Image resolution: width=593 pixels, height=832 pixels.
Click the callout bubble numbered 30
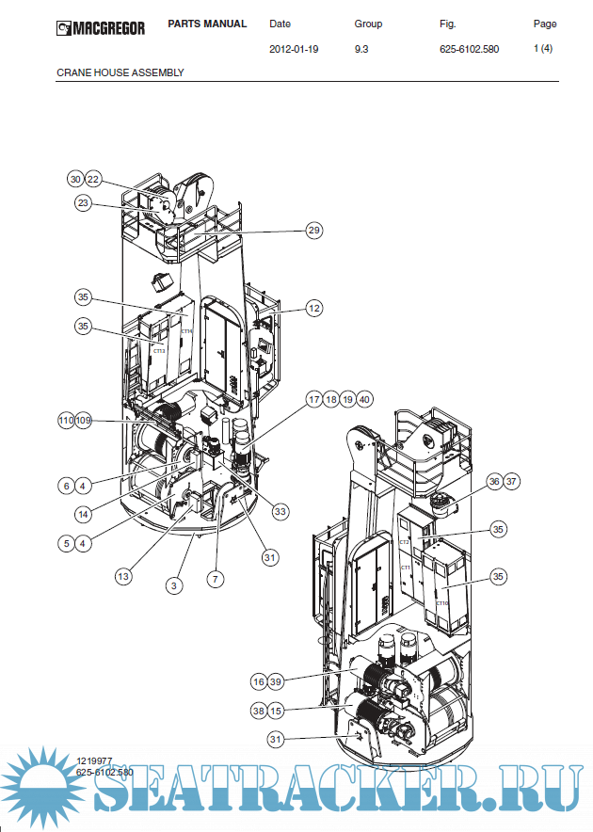click(75, 179)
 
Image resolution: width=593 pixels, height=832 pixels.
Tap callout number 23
click(84, 202)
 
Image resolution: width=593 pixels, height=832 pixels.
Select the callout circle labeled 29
click(314, 231)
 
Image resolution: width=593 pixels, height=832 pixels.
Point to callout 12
click(314, 308)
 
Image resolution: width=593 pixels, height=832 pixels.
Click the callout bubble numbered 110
click(66, 420)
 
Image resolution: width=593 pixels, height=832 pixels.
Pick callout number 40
click(365, 398)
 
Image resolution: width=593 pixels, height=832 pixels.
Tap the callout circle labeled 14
click(84, 514)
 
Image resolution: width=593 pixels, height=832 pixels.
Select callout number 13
click(123, 576)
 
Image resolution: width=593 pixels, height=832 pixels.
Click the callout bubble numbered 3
click(173, 585)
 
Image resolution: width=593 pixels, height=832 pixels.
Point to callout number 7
click(216, 579)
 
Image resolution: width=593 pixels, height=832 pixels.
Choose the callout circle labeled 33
click(280, 511)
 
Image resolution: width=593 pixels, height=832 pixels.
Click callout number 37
click(511, 481)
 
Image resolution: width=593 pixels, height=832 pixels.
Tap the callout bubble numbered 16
click(259, 680)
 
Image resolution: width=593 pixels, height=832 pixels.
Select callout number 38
click(259, 711)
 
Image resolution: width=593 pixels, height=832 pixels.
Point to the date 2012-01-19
click(294, 48)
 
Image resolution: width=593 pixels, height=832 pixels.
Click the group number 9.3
click(361, 48)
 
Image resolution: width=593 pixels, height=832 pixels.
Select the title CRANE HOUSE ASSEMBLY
click(120, 72)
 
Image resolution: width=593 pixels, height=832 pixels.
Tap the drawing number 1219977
click(94, 760)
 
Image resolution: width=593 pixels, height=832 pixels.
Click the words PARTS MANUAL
click(207, 24)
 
